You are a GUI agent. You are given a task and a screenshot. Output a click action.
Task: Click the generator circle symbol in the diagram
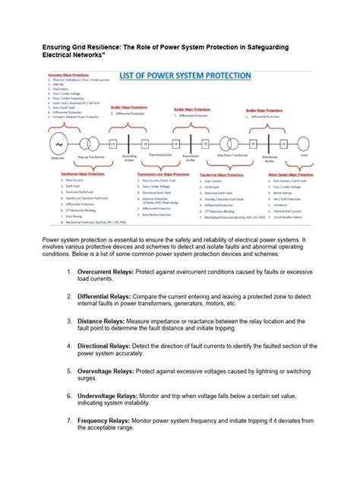pyautogui.click(x=58, y=144)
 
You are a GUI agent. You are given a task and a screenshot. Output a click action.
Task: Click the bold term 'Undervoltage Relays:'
pyautogui.click(x=101, y=417)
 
